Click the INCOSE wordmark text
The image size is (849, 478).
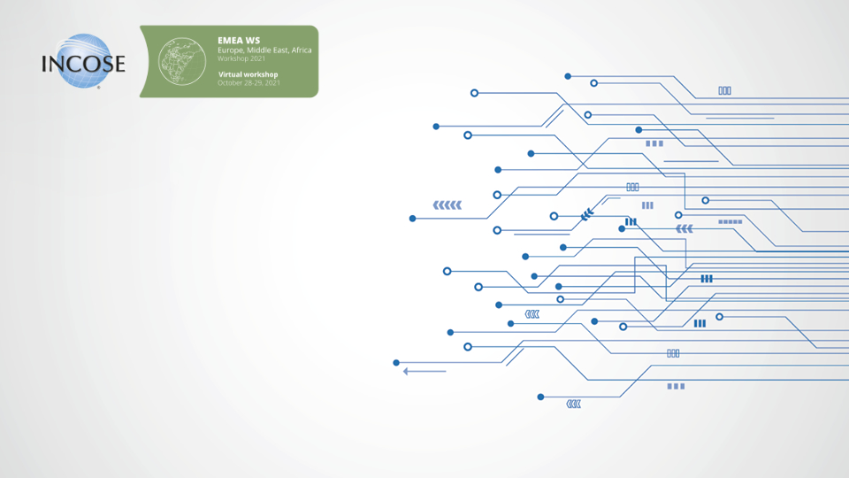[83, 64]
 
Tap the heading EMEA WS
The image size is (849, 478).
[239, 40]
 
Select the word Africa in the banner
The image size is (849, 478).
[302, 50]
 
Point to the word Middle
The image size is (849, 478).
[259, 50]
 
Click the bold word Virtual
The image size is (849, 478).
[231, 74]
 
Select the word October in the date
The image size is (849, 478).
[230, 83]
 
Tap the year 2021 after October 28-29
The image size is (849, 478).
[272, 83]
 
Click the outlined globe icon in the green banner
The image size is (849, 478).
[182, 61]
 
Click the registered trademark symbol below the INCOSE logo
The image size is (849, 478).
[98, 88]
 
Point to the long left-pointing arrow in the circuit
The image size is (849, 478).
[424, 371]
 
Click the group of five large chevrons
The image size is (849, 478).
[447, 204]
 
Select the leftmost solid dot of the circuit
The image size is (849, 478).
[396, 363]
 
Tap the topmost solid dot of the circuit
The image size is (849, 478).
[568, 76]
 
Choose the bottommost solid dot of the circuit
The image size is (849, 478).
[540, 397]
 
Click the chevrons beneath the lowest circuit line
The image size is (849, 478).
[573, 405]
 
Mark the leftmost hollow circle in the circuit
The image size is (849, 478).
[447, 271]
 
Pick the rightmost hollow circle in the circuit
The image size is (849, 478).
[720, 317]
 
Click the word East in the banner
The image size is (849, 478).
[281, 50]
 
